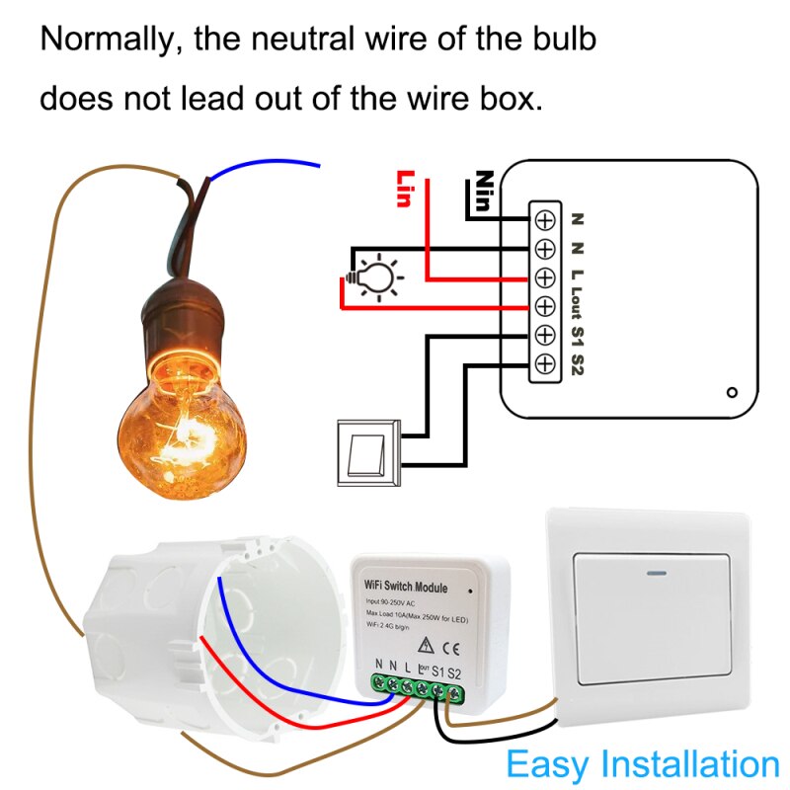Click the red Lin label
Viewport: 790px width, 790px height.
click(x=403, y=188)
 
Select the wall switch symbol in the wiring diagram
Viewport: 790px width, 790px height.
click(x=368, y=451)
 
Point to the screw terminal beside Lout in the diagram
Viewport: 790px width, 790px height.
click(x=544, y=305)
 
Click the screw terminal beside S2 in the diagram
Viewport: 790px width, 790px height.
click(x=544, y=363)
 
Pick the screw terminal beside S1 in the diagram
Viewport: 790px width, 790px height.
click(x=544, y=335)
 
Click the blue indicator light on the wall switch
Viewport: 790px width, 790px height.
click(x=654, y=570)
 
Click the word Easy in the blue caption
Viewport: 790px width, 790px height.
click(x=547, y=763)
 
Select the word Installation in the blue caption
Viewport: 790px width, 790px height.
click(x=689, y=763)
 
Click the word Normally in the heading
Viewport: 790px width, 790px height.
click(x=108, y=40)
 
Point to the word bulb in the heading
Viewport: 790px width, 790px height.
click(x=561, y=40)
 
